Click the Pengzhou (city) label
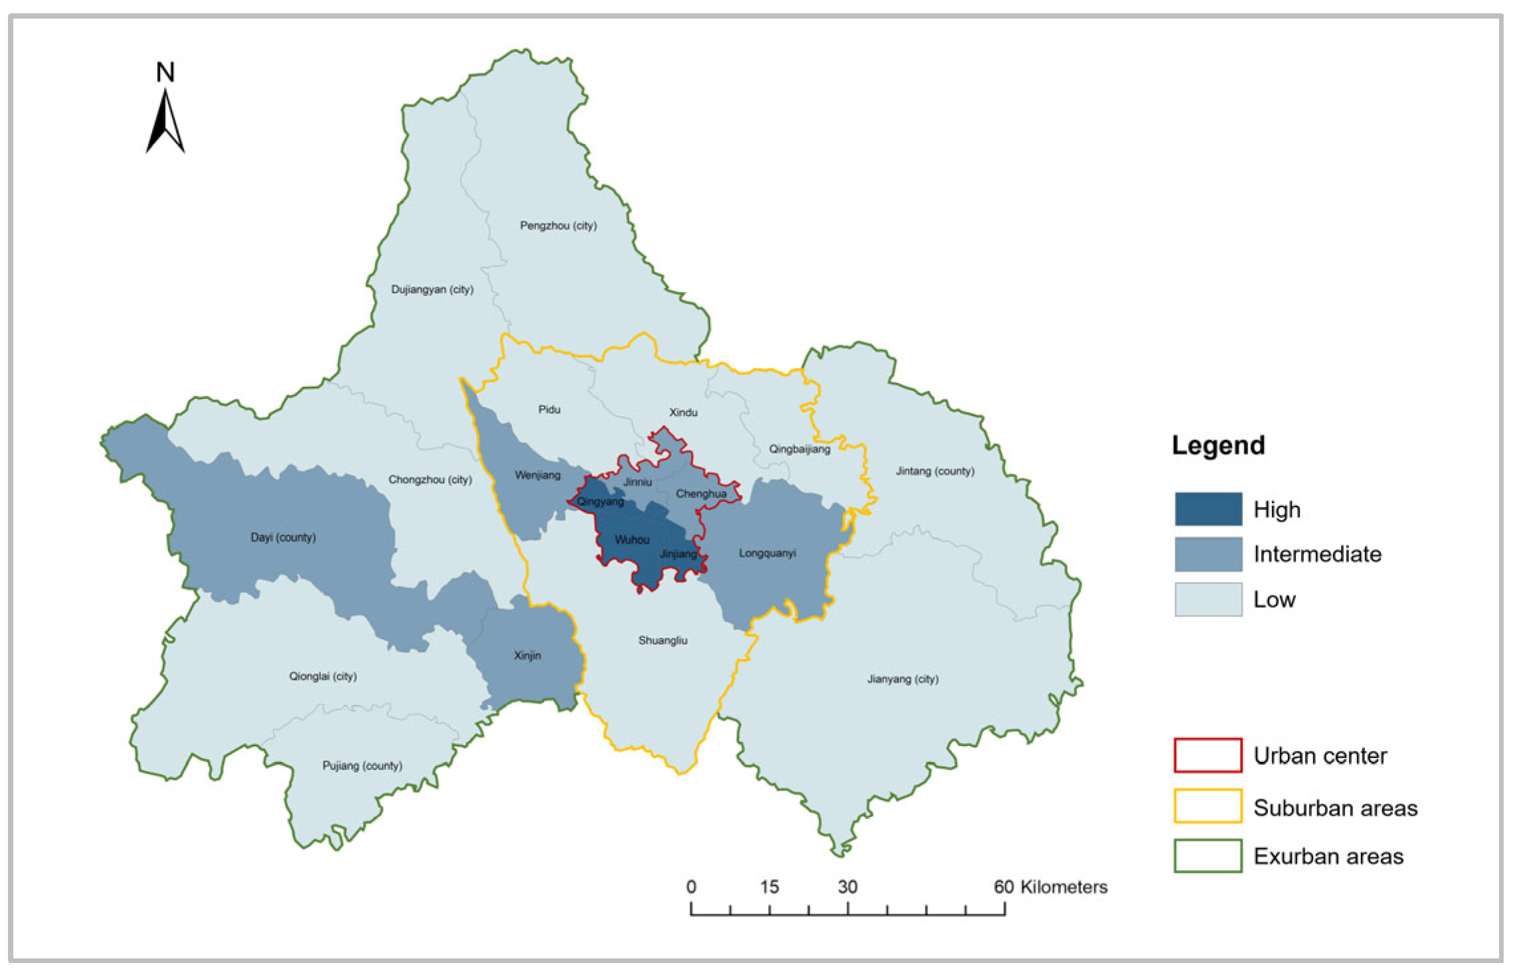point(558,226)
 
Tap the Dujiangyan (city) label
point(432,289)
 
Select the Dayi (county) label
point(283,537)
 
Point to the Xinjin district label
point(527,655)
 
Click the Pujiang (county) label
point(362,765)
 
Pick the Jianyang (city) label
point(902,679)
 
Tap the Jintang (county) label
point(935,471)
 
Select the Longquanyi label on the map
point(767,553)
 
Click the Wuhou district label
point(631,540)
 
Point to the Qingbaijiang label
point(799,449)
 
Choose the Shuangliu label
point(663,640)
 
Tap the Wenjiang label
point(537,475)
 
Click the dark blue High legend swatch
point(1208,509)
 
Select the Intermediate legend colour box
point(1208,554)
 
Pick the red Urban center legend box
point(1208,755)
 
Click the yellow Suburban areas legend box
point(1208,806)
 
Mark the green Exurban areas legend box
point(1208,856)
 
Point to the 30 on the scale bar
point(847,887)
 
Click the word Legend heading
point(1218,445)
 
